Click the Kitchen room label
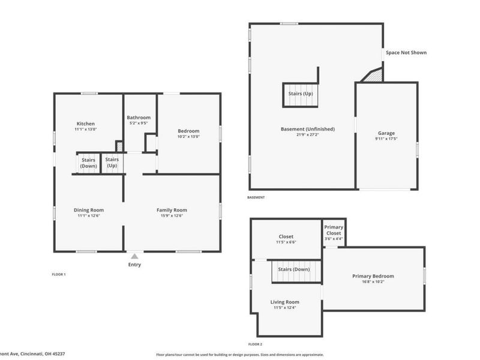tap(85, 124)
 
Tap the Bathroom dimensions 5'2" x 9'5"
tap(138, 124)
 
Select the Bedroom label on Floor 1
tap(188, 131)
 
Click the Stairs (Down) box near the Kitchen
tap(88, 163)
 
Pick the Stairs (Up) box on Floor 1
tap(112, 163)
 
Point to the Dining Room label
tap(89, 210)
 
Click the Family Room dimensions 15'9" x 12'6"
tap(172, 216)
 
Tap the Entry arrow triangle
tap(134, 256)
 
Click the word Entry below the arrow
tap(134, 265)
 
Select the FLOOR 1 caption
tap(59, 274)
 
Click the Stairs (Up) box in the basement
tap(300, 94)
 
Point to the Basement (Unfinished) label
tap(307, 129)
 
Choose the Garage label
tap(386, 133)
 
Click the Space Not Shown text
tap(406, 53)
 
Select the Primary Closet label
tap(334, 230)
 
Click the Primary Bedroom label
tap(373, 276)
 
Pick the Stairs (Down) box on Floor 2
tap(294, 269)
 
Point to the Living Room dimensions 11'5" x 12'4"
tap(284, 308)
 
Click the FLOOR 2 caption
tap(255, 344)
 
